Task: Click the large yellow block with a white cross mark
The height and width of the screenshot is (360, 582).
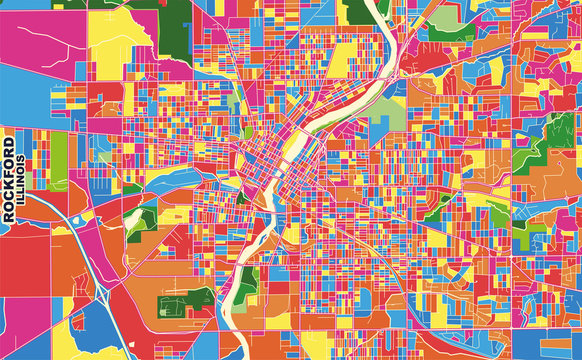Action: click(x=114, y=34)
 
